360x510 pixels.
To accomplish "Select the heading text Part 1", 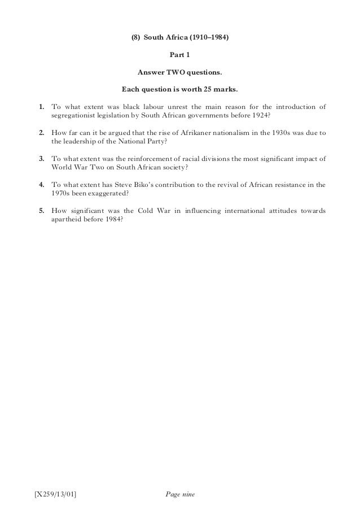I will [x=180, y=55].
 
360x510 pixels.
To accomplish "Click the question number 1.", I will [x=41, y=106].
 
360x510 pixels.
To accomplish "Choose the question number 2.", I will [x=41, y=132].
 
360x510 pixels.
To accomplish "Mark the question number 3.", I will [x=41, y=158].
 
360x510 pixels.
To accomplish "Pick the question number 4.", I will [x=41, y=184].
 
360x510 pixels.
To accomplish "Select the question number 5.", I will [x=41, y=210].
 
